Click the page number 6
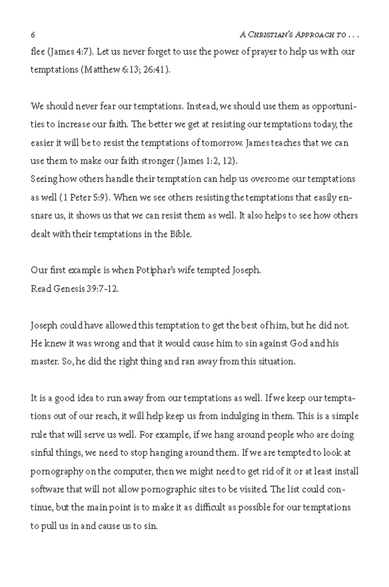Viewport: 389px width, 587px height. point(33,35)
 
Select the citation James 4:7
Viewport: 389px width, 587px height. point(68,51)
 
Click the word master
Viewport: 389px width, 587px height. point(44,361)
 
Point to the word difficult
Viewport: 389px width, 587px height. point(209,507)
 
